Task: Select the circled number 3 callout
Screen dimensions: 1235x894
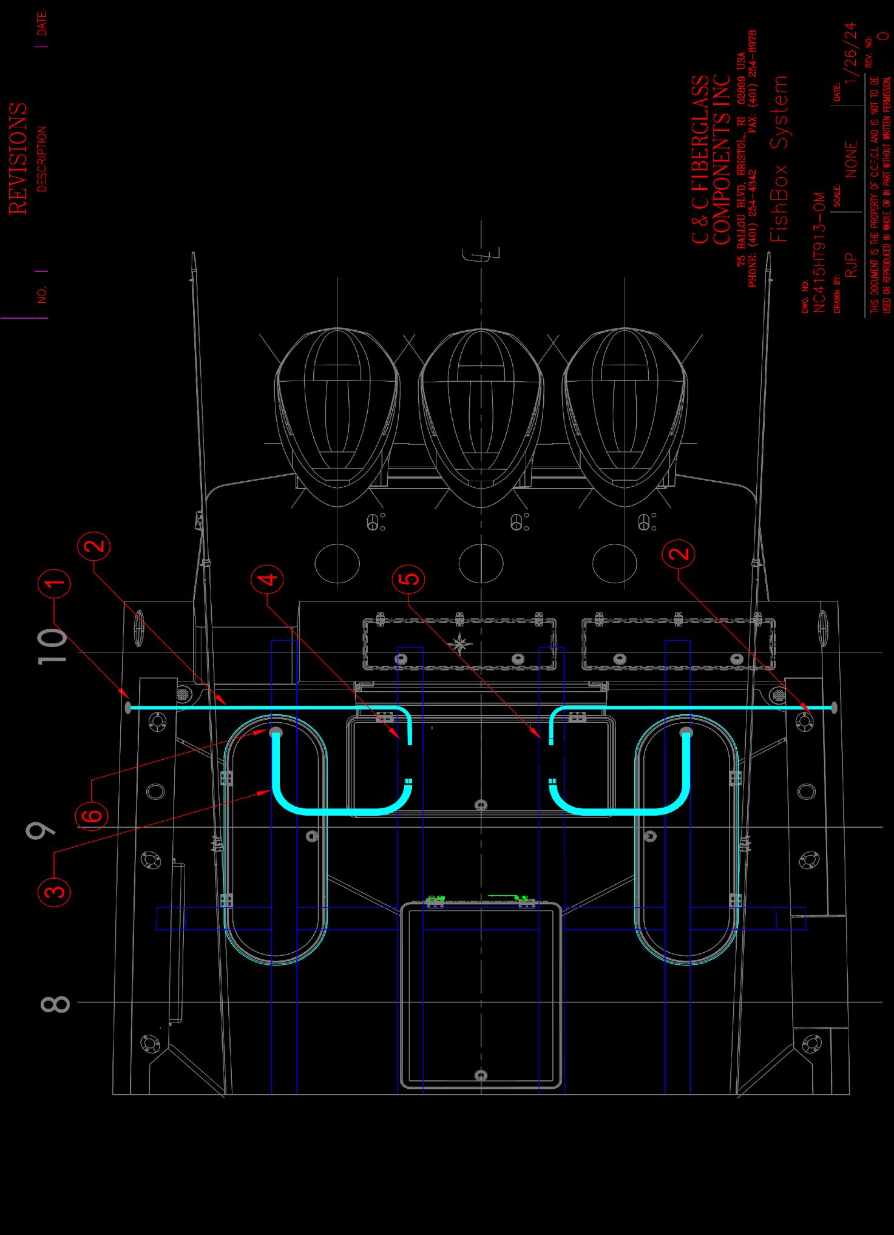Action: (55, 891)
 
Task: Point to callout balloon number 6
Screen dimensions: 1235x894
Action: (92, 814)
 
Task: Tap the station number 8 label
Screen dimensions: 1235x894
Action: (55, 1003)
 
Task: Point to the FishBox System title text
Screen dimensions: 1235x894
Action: (779, 159)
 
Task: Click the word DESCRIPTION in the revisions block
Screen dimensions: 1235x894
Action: (42, 159)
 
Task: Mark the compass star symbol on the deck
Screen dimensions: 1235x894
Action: (460, 642)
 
